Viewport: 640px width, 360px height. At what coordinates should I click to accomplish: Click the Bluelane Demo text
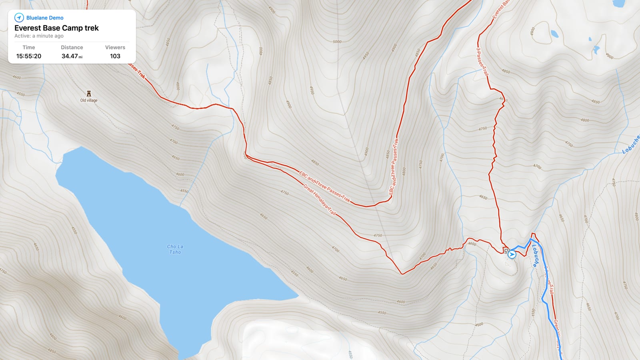[x=45, y=18]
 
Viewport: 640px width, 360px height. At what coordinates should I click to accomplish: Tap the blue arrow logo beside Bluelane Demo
[x=19, y=18]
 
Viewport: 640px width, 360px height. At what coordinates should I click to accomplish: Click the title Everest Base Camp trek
[x=56, y=28]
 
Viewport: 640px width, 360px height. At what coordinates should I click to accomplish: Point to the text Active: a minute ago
[x=39, y=36]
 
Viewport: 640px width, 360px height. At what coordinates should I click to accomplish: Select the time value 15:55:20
[x=29, y=56]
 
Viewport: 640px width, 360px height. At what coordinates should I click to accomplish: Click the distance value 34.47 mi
[x=72, y=56]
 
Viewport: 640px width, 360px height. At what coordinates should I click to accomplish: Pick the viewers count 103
[x=115, y=56]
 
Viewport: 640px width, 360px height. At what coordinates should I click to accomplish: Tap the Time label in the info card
[x=29, y=47]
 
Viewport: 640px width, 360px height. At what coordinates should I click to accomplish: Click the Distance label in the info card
[x=72, y=47]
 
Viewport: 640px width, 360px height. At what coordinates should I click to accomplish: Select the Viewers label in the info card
[x=115, y=47]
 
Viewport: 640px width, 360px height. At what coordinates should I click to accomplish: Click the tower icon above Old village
[x=89, y=94]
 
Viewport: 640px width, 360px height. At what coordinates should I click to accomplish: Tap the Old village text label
[x=89, y=100]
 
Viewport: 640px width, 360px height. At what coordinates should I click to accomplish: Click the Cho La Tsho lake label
[x=175, y=249]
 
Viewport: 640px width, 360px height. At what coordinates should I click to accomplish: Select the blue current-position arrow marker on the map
[x=512, y=254]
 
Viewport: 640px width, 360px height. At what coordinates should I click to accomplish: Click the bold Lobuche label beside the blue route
[x=535, y=256]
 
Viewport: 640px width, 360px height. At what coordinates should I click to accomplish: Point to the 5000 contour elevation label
[x=337, y=42]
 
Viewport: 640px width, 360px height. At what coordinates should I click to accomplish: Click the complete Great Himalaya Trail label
[x=319, y=200]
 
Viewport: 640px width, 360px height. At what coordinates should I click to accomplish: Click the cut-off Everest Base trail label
[x=501, y=9]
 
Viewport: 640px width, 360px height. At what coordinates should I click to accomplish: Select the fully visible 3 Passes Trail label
[x=482, y=62]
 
